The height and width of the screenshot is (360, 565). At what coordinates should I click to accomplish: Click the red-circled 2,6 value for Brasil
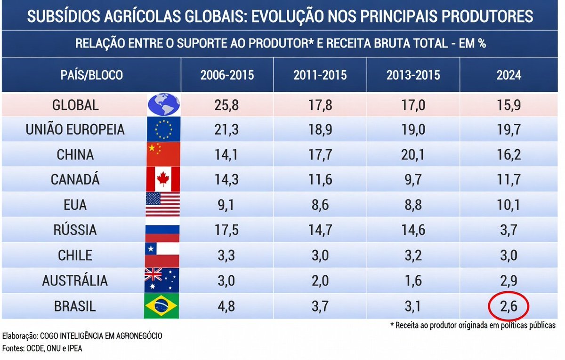(x=508, y=307)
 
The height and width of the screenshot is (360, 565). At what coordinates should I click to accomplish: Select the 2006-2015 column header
(x=227, y=75)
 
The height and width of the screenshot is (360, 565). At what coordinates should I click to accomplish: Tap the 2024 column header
(x=508, y=75)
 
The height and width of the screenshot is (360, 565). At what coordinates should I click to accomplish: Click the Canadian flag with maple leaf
(x=163, y=179)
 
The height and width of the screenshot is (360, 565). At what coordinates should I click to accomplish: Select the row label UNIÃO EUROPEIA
(x=75, y=129)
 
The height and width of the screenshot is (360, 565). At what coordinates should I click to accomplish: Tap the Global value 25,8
(x=227, y=104)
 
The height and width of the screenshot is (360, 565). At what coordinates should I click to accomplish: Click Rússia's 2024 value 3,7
(x=508, y=230)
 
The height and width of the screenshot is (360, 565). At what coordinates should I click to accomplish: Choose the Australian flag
(x=161, y=281)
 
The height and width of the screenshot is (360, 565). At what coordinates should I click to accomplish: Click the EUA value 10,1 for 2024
(x=508, y=205)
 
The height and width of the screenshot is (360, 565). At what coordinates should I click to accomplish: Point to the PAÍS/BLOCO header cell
(x=92, y=75)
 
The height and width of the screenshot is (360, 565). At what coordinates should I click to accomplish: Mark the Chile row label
(x=75, y=256)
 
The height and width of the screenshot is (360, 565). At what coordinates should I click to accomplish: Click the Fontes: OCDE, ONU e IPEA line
(x=42, y=348)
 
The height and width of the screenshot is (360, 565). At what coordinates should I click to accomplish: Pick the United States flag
(x=162, y=205)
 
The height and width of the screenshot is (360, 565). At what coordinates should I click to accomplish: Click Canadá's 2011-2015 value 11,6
(x=320, y=179)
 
